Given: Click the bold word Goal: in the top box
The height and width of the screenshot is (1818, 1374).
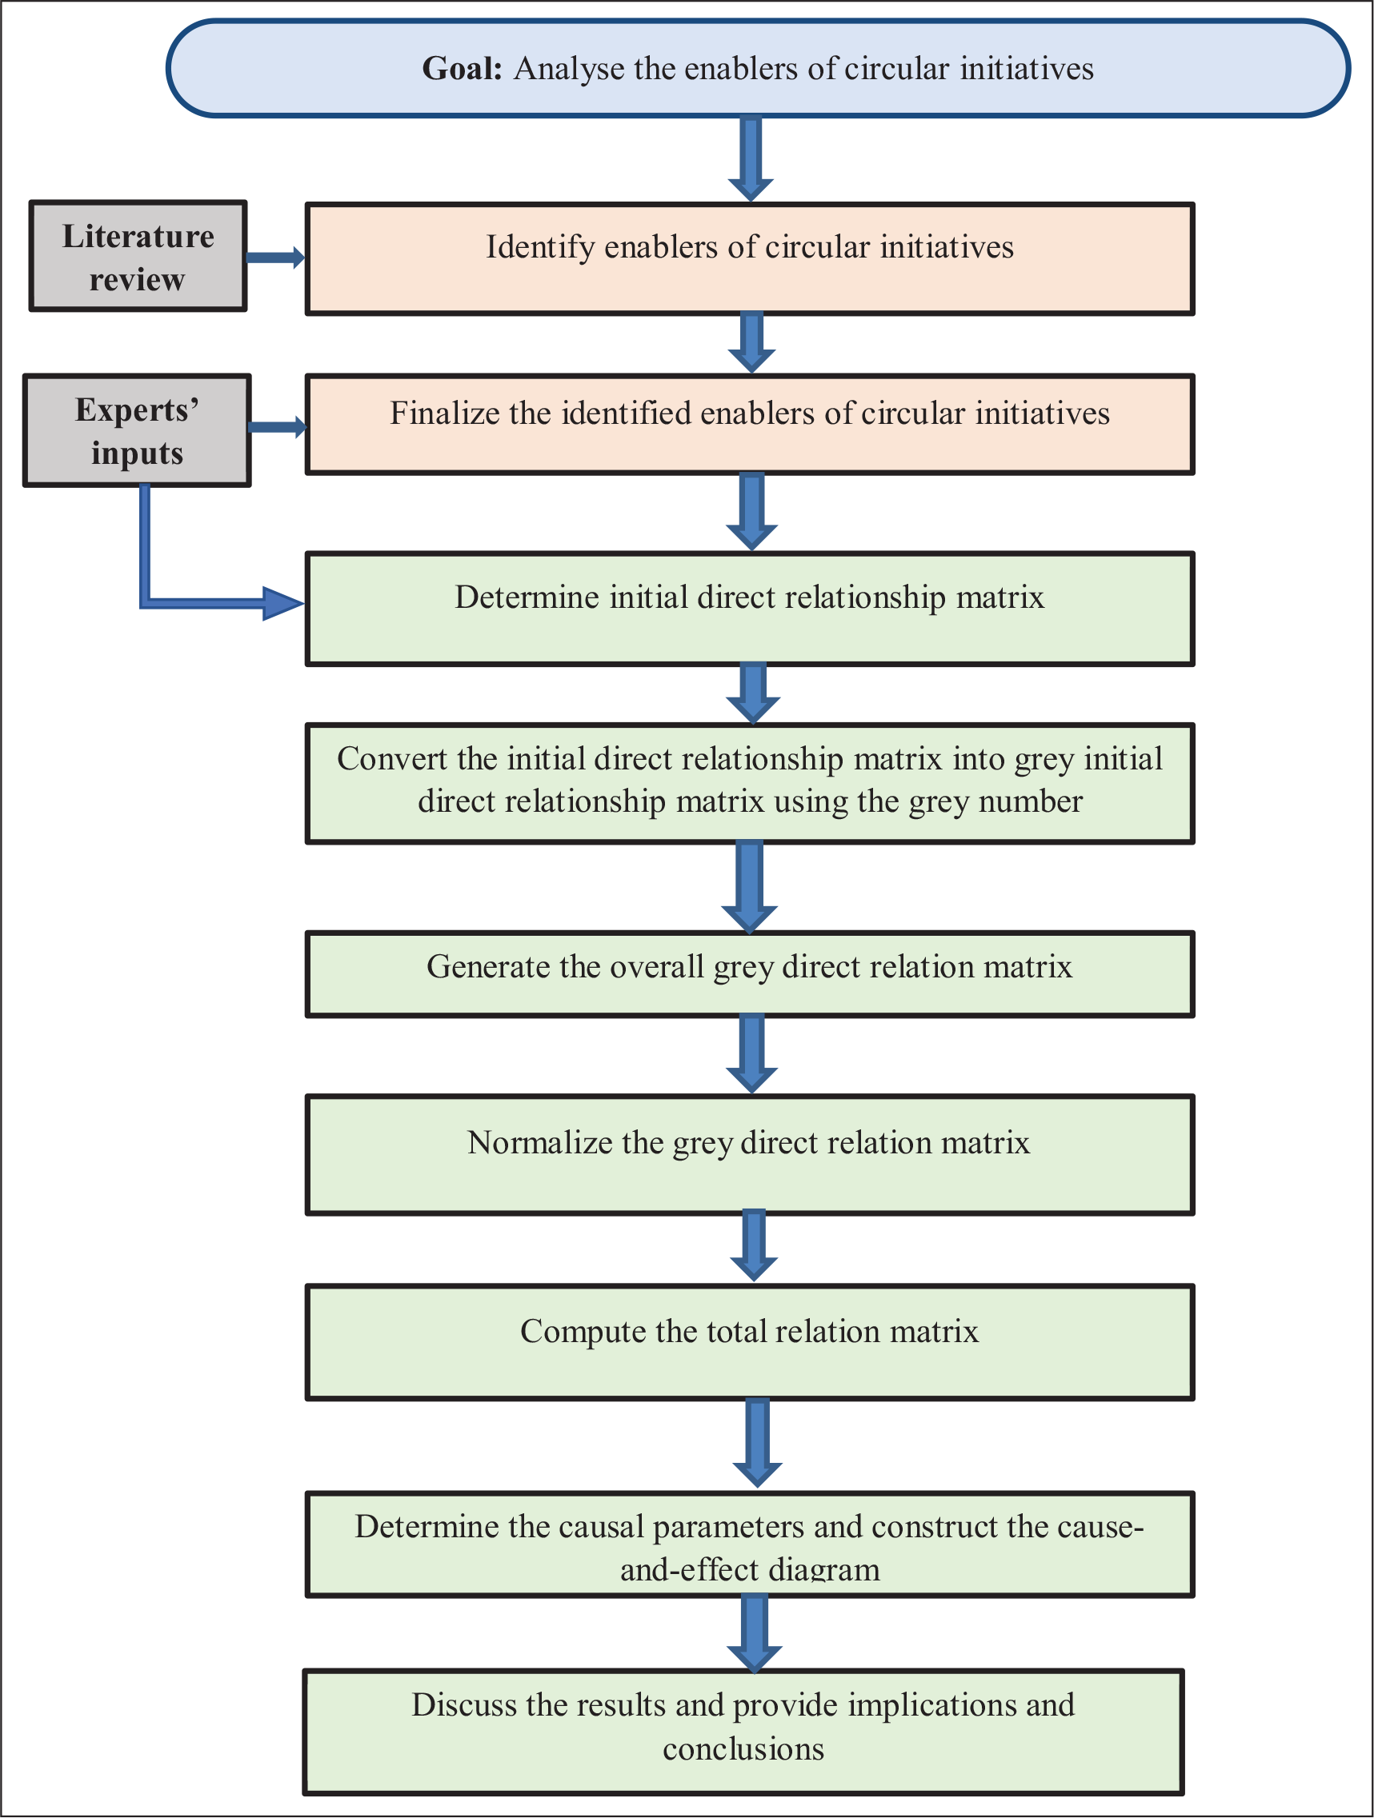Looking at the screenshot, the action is coord(462,68).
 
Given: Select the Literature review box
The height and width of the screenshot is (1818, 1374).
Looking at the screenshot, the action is coord(138,256).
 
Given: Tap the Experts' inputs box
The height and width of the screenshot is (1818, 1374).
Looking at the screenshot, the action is coord(138,430).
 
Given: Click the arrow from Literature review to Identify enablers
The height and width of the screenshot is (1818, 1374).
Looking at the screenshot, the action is coord(276,258).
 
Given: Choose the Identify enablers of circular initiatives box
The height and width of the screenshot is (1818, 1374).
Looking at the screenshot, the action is coord(750,259).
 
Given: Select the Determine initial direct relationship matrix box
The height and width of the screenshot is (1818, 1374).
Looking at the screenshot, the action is coord(750,608).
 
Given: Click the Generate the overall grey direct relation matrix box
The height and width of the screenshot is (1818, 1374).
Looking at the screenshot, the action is coord(750,974).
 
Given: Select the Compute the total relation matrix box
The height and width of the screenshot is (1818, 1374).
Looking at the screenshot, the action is coord(750,1342).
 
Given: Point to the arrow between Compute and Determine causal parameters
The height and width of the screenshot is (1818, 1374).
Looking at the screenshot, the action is coord(757,1443).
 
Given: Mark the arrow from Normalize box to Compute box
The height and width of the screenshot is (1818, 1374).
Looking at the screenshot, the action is coord(754,1246).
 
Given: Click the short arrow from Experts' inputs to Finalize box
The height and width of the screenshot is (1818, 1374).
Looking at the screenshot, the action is coord(278,427).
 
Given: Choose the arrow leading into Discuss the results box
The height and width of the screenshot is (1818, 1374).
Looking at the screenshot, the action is coord(755,1633).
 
